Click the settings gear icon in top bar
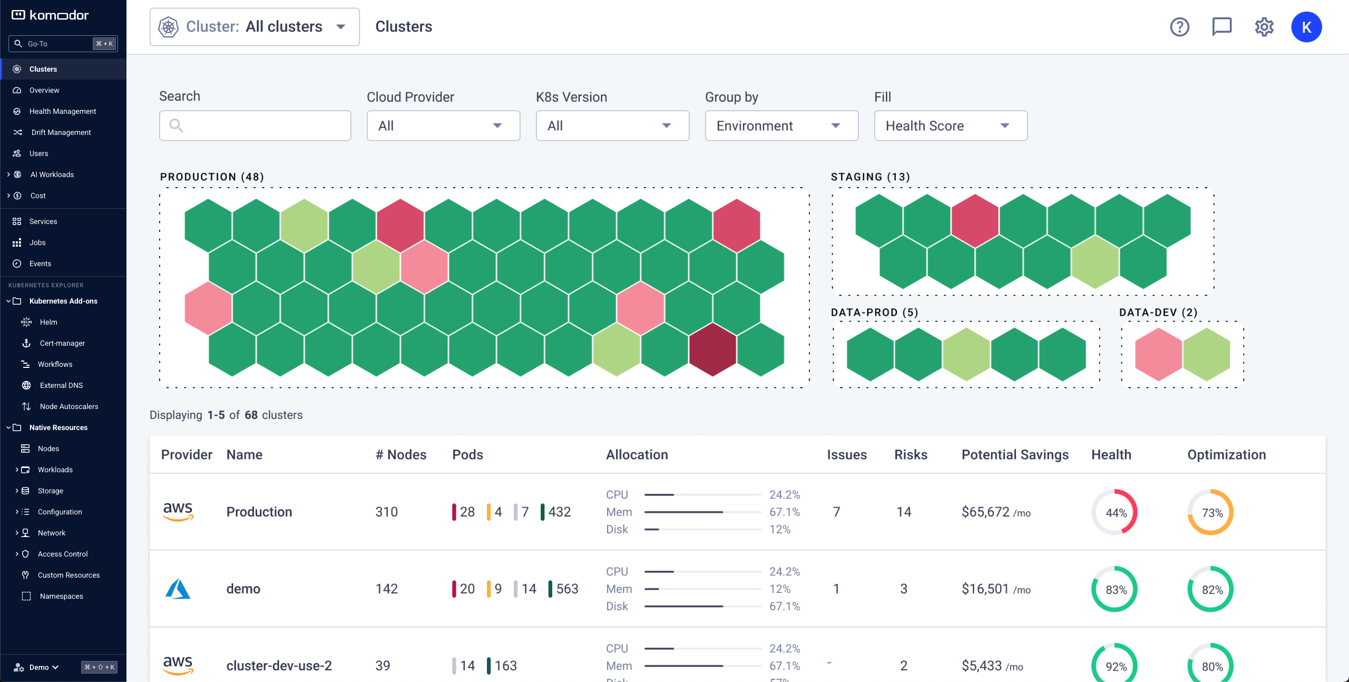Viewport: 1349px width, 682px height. pyautogui.click(x=1264, y=27)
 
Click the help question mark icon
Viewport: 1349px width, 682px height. pyautogui.click(x=1179, y=27)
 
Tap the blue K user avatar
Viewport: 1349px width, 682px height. pyautogui.click(x=1306, y=27)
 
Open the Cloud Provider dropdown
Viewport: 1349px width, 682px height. pyautogui.click(x=443, y=125)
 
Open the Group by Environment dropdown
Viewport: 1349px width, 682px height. pyautogui.click(x=781, y=125)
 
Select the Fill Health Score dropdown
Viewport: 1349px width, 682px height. pyautogui.click(x=950, y=125)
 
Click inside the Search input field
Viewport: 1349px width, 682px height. pyautogui.click(x=255, y=125)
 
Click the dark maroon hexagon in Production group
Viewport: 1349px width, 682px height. pyautogui.click(x=712, y=349)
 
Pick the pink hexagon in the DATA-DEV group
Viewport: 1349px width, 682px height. pyautogui.click(x=1158, y=354)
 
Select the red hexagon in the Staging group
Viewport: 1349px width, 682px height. pyautogui.click(x=975, y=221)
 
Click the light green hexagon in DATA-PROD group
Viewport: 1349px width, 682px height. pyautogui.click(x=966, y=354)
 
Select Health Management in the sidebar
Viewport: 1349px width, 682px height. pyautogui.click(x=62, y=111)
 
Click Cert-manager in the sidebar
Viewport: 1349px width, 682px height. pyautogui.click(x=62, y=343)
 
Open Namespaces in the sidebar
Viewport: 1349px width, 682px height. pyautogui.click(x=61, y=596)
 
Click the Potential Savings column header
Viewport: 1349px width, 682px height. pyautogui.click(x=1014, y=454)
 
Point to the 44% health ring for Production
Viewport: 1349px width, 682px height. pyautogui.click(x=1115, y=512)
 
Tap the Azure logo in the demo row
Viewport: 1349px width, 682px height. pyautogui.click(x=178, y=589)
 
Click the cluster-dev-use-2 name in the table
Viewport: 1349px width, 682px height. pyautogui.click(x=279, y=666)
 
